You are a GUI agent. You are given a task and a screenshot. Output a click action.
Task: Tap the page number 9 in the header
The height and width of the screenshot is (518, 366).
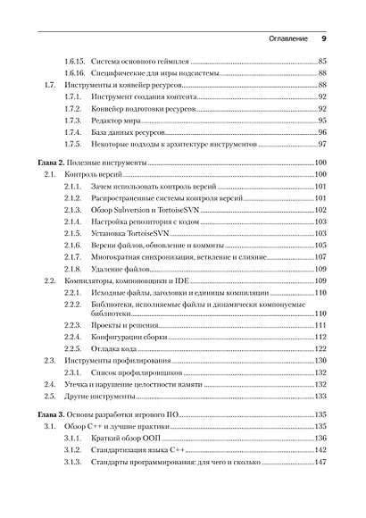click(324, 39)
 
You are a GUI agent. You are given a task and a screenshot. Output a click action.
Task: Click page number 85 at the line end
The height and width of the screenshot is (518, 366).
click(322, 62)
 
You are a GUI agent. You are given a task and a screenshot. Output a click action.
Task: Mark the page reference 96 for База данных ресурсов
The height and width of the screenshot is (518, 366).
click(322, 131)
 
